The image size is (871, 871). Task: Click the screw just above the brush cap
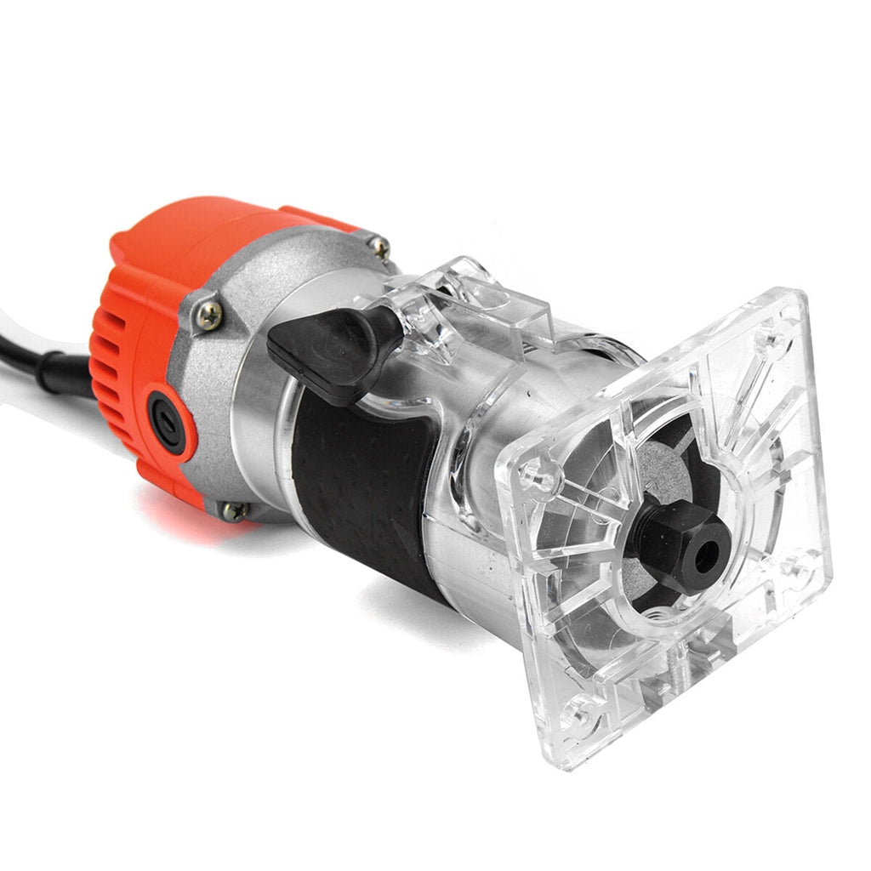point(208,316)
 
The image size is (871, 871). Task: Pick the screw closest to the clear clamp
point(379,247)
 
